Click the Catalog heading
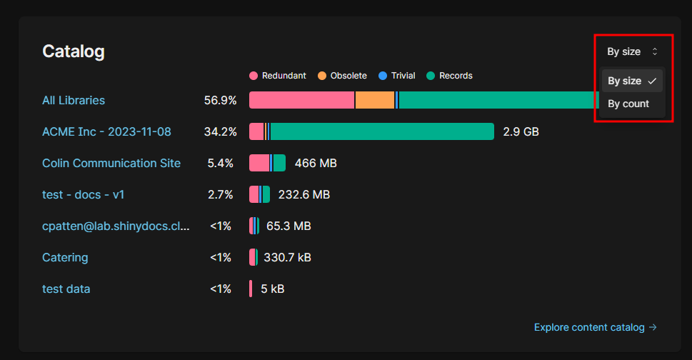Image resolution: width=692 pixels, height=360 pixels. point(74,51)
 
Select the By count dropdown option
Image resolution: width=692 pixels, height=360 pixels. point(628,104)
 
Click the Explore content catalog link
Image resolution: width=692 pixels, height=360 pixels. point(595,327)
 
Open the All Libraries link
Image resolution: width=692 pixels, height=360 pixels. point(74,100)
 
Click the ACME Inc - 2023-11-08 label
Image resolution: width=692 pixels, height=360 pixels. point(106,131)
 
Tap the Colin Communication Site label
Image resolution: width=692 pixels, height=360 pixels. point(111,163)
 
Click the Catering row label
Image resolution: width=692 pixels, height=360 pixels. point(65,257)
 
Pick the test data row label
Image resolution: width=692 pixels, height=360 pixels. point(66,289)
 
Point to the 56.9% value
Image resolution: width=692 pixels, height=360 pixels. point(220,100)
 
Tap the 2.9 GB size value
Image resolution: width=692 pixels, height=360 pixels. point(521,131)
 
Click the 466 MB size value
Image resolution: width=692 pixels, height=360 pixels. point(316,163)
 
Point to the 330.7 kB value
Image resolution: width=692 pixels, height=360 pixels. point(287,257)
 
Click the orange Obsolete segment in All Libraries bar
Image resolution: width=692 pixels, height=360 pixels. point(374,100)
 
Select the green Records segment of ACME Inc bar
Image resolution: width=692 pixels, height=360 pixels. point(382,131)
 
